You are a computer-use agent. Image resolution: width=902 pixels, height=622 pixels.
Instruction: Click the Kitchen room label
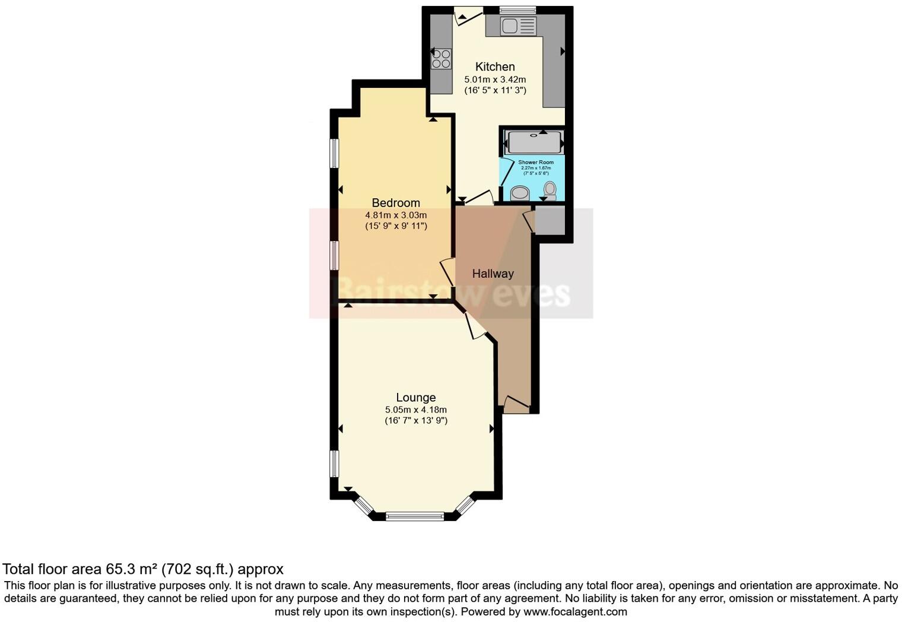tap(495, 66)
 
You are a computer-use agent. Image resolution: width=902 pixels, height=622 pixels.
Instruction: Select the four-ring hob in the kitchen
tap(441, 59)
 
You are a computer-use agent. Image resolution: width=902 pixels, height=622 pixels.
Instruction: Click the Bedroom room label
tap(396, 203)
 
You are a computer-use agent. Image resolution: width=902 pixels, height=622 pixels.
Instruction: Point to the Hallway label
tap(493, 274)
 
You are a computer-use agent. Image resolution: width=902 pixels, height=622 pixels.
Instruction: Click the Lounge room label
tap(416, 398)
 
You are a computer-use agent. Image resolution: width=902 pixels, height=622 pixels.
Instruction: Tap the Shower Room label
tap(536, 162)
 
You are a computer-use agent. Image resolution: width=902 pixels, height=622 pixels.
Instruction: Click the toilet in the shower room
tap(550, 190)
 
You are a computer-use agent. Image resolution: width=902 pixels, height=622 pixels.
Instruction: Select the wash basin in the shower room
tap(520, 193)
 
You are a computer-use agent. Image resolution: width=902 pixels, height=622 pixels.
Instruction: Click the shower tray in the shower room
tap(534, 142)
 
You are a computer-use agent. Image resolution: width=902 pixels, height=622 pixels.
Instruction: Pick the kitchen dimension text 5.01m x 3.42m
tap(495, 79)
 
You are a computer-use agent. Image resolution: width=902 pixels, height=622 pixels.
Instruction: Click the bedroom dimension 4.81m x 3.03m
tap(396, 215)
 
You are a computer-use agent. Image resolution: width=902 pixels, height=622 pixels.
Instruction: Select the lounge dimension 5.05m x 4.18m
tap(416, 410)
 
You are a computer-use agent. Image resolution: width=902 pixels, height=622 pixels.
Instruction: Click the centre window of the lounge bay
tap(415, 516)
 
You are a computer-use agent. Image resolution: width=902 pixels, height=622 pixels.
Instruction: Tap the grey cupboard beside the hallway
tap(550, 220)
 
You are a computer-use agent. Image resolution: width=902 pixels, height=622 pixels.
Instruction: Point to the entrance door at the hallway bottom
tap(516, 405)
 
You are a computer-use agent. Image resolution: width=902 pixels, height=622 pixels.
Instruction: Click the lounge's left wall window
tap(334, 464)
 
